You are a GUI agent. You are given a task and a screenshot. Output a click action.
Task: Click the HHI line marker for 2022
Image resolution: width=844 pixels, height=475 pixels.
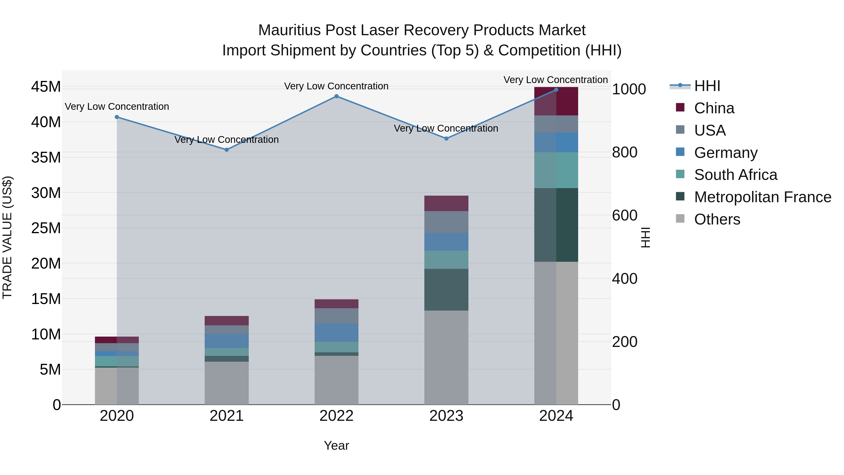336,96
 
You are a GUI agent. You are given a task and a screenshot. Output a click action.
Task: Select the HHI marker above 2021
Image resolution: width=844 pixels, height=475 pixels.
226,150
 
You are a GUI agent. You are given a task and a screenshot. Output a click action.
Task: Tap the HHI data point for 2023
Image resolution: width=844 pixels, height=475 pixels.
446,139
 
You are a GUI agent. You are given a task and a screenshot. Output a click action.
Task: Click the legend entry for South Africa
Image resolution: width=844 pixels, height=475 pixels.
735,175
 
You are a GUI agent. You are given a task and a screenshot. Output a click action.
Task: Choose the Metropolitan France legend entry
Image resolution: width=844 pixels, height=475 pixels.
762,197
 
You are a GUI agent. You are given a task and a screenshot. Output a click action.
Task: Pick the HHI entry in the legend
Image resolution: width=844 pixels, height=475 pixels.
707,86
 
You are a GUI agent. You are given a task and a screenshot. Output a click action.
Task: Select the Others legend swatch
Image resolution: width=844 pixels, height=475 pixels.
680,219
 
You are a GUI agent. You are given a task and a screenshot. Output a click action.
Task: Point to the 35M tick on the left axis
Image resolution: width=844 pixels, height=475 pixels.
46,157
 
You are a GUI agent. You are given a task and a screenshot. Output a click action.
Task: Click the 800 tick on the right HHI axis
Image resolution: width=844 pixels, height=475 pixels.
625,152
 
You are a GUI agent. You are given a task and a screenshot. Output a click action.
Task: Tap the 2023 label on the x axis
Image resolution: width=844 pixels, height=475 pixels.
446,416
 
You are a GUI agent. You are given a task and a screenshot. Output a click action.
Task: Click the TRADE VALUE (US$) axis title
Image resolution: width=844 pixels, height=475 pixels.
8,237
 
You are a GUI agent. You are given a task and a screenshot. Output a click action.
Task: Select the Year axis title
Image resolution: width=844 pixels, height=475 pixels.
336,445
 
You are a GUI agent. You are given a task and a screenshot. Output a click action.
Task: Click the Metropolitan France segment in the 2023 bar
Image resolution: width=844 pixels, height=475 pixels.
446,289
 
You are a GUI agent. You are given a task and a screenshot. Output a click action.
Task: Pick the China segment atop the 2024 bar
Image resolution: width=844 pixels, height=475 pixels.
556,101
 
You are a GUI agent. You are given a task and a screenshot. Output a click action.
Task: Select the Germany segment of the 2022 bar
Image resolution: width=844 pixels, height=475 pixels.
336,332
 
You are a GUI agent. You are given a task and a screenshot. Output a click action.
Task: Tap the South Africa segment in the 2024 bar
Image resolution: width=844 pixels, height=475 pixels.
556,170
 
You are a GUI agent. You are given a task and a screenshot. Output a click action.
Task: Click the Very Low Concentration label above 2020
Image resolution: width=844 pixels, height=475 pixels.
117,106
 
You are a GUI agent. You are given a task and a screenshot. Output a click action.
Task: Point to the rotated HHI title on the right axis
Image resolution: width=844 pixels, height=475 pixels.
645,237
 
